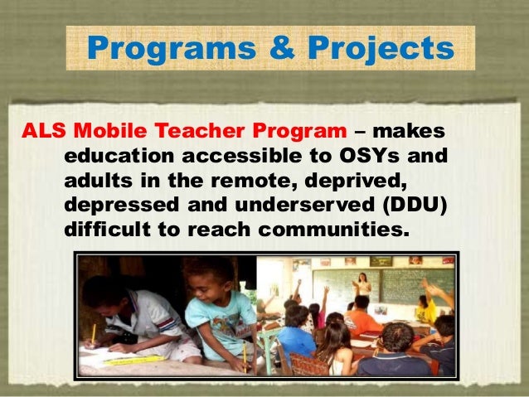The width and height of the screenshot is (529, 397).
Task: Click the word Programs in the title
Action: [154, 48]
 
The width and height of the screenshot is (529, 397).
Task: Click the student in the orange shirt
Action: [362, 320]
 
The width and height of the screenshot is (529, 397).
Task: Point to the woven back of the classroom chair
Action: [308, 365]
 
